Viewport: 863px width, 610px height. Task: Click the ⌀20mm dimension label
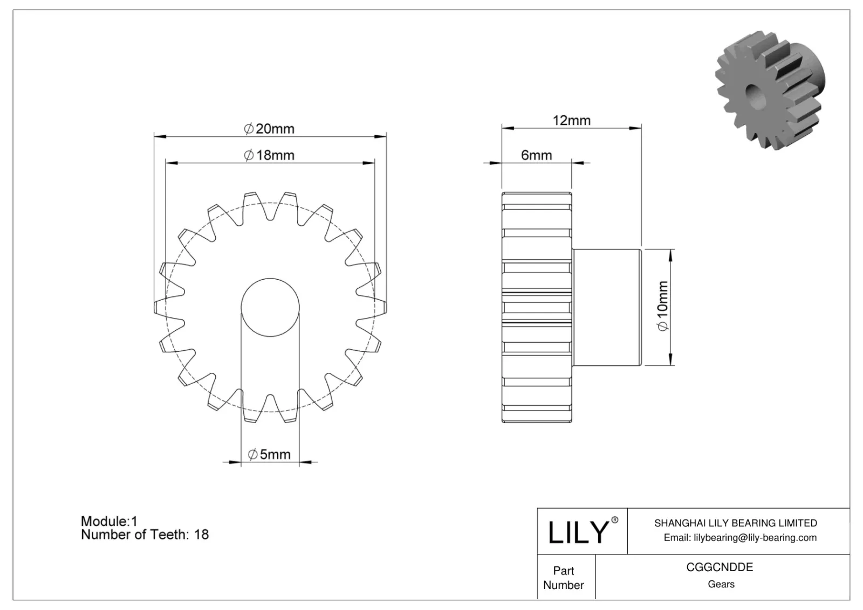click(x=270, y=129)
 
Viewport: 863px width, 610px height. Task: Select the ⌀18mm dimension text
click(x=270, y=155)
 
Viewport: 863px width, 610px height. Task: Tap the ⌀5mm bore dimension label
click(x=270, y=454)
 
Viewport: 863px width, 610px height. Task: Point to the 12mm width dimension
click(x=571, y=120)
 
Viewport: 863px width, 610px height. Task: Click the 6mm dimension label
click(x=536, y=155)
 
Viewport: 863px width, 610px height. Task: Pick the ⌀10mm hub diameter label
click(x=662, y=306)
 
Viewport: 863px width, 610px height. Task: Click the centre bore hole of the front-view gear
click(x=270, y=307)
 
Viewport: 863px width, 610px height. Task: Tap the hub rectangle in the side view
click(x=606, y=307)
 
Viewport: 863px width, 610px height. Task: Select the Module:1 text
click(x=109, y=521)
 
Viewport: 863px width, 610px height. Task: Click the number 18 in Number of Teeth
click(x=201, y=535)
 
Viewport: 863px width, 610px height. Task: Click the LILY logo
click(x=578, y=532)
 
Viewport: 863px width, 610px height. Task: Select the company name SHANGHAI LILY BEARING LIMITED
click(x=735, y=523)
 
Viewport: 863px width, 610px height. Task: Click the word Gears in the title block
click(x=721, y=584)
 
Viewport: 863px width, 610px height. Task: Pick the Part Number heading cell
click(x=564, y=578)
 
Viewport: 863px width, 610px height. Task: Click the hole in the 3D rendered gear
click(x=754, y=95)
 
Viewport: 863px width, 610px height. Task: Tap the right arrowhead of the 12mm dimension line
click(x=636, y=128)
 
